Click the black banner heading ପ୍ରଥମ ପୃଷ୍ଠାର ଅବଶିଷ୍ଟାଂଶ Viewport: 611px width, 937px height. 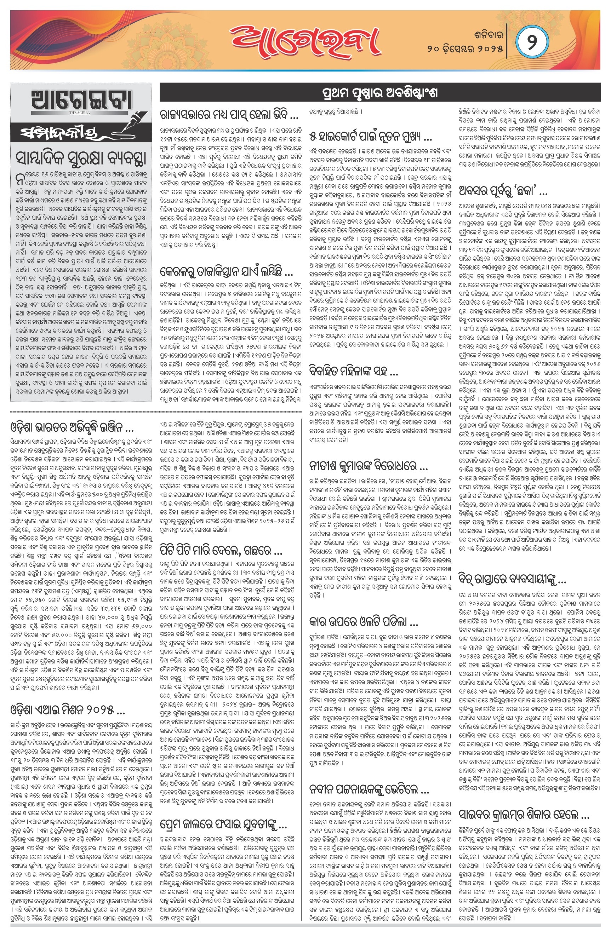tap(380, 93)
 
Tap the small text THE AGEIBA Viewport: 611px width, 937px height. tap(80, 113)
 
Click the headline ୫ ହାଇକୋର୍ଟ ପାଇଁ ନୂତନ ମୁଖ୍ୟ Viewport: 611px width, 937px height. tap(371, 137)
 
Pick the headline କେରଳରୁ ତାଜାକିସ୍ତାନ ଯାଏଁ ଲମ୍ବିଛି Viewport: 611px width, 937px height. tap(227, 272)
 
